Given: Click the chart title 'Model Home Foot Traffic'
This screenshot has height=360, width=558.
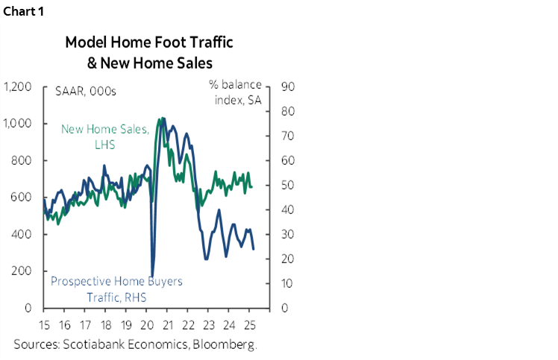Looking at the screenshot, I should point(149,42).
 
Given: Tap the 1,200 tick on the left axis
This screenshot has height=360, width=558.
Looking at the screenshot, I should point(18,87).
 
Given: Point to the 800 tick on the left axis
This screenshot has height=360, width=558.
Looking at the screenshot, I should point(22,161).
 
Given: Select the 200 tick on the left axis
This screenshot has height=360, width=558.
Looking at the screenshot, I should point(22,271).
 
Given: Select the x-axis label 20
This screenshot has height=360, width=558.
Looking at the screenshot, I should point(148,325).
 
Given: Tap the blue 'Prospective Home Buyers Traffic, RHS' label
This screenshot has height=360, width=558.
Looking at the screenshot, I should point(116,289).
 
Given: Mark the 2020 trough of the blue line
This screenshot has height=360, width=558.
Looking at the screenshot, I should point(153,276).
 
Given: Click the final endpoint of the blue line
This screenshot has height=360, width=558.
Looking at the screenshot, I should point(253,249).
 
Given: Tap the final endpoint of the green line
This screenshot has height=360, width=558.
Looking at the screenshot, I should point(251,186).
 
